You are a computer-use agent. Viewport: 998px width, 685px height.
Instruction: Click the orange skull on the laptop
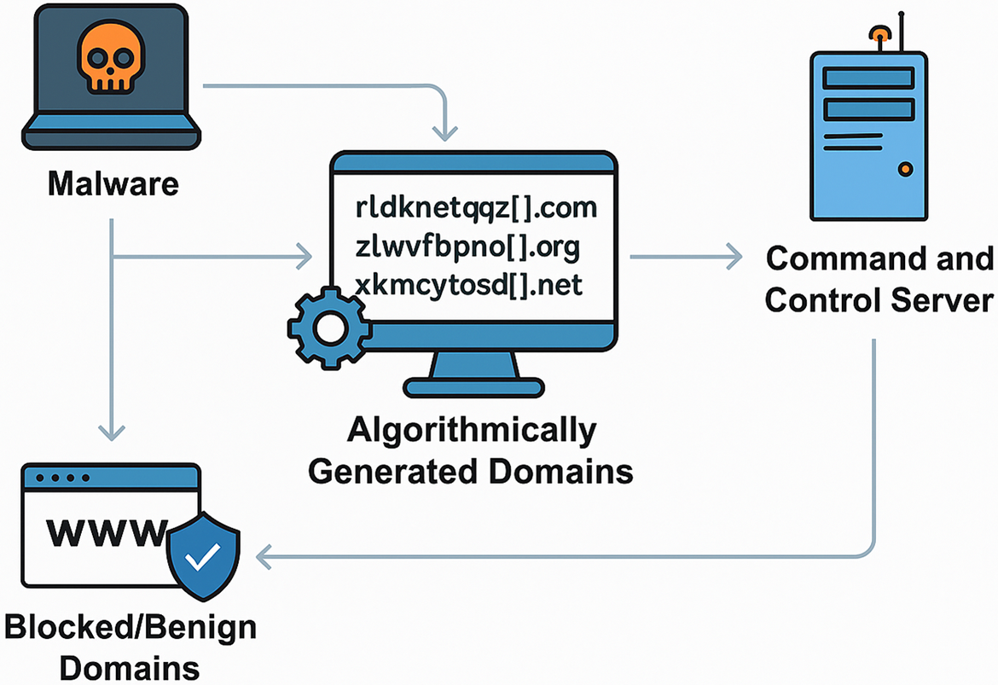tap(111, 58)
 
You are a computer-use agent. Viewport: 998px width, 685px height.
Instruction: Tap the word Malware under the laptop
tap(113, 184)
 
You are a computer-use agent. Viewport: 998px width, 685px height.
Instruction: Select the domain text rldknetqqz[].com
tap(476, 208)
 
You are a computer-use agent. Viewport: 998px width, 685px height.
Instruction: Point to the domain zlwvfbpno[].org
tap(467, 247)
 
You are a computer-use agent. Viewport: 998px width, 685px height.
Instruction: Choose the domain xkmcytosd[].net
tap(468, 285)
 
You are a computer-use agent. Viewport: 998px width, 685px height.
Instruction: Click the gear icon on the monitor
tap(329, 328)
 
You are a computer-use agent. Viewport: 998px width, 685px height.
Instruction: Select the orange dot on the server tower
tap(905, 170)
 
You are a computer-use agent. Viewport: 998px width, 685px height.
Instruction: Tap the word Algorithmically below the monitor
tap(472, 432)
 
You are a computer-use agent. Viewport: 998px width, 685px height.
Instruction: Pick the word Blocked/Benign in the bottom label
tap(131, 629)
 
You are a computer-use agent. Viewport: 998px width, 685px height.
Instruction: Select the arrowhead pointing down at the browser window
tap(112, 432)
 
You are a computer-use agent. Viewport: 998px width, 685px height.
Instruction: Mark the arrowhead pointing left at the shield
tap(264, 557)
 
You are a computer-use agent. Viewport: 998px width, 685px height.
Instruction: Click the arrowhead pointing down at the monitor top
tap(445, 133)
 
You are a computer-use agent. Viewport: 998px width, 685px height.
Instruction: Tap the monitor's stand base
tap(473, 387)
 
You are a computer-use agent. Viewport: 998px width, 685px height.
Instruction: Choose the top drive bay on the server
tap(869, 78)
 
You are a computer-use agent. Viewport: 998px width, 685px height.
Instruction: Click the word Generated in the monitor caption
tap(392, 472)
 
